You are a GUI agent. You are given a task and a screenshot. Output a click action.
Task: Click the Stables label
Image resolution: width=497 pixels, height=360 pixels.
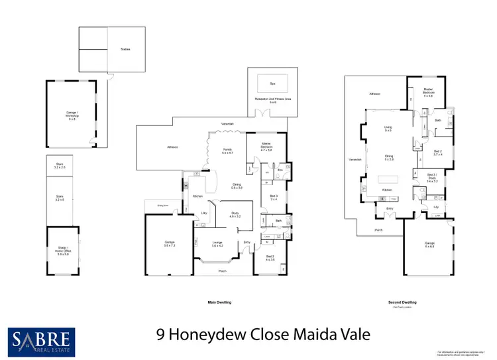pos(125,49)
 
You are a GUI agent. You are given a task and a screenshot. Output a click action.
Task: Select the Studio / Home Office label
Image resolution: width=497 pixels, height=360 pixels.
pos(63,251)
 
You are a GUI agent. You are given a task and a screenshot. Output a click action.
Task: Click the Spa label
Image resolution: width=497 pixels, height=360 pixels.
pos(272,84)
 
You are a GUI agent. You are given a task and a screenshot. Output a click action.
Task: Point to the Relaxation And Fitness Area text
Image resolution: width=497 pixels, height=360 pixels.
pos(272,99)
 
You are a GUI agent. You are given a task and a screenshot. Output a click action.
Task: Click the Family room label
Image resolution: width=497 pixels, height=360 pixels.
pos(227,150)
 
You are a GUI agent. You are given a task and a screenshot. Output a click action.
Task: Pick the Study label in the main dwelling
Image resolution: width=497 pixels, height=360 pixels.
pos(235,215)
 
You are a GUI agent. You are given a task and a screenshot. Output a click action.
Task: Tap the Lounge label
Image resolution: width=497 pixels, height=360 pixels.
pos(217,244)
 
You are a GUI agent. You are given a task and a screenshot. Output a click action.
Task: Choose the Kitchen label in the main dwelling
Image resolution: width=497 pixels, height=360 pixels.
pos(197,196)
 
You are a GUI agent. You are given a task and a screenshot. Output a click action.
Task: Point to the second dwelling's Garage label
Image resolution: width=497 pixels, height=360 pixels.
pos(430,244)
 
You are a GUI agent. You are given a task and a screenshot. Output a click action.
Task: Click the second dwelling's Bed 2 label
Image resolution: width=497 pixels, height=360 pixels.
pos(438,152)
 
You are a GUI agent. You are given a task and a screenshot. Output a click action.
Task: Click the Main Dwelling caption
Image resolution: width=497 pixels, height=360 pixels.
pos(220,302)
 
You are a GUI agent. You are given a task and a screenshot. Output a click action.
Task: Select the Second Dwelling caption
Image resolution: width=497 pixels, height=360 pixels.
pos(402,302)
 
